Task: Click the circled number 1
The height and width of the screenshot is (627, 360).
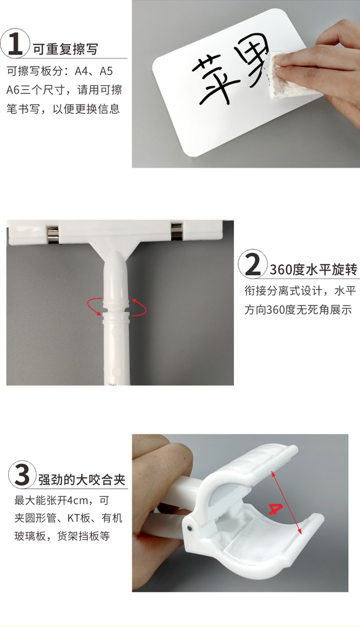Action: pos(15,43)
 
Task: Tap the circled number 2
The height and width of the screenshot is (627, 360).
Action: pos(252,264)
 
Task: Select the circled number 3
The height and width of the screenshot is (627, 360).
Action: pos(23,475)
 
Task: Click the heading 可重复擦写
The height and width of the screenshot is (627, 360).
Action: pos(65,49)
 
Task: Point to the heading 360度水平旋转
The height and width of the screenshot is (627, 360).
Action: pos(313,269)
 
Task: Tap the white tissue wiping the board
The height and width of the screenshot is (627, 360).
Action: pos(276,75)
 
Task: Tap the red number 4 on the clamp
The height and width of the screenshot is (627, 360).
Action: pos(276,508)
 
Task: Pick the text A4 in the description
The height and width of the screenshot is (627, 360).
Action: pos(82,72)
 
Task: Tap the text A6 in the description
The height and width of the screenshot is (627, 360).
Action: pos(13,90)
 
